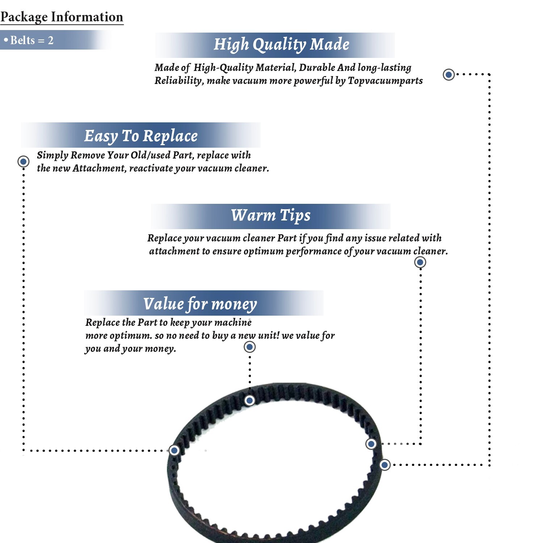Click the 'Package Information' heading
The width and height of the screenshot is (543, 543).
click(62, 17)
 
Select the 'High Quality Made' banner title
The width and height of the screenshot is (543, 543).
click(281, 45)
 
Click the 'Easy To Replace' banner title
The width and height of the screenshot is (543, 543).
click(141, 136)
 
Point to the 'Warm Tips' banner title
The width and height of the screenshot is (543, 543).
click(271, 215)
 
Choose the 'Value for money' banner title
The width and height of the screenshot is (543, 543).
click(200, 304)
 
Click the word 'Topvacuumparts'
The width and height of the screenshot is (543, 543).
click(385, 80)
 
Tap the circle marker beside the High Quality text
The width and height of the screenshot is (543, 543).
click(449, 75)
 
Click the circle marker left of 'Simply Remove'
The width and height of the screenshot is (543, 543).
click(24, 161)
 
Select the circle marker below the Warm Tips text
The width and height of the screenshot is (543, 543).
click(420, 262)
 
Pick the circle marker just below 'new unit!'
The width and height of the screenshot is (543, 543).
click(249, 347)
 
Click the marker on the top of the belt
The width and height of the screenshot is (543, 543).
click(249, 400)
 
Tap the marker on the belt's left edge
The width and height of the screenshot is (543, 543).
click(174, 450)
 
